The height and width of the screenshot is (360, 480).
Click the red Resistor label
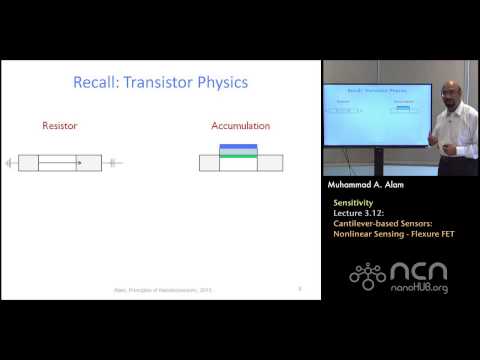click(x=59, y=127)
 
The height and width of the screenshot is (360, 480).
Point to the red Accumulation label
click(x=238, y=127)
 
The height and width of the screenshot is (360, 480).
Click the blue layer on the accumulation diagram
click(x=238, y=149)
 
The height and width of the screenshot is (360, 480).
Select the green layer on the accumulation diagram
click(x=238, y=155)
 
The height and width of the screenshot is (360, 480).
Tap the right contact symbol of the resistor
click(x=112, y=162)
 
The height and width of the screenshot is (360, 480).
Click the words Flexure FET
click(x=430, y=232)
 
